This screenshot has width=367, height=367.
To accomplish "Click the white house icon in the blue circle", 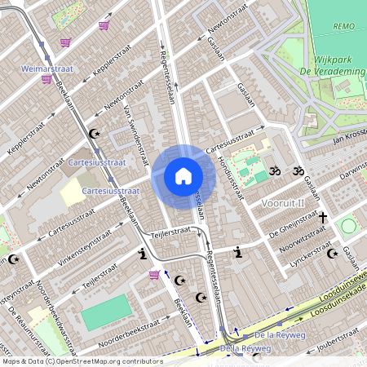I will (183, 176).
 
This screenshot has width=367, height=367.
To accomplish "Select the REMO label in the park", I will (343, 26).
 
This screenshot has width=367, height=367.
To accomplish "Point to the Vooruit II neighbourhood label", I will (283, 202).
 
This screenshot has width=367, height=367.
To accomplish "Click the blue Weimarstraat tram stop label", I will (47, 69).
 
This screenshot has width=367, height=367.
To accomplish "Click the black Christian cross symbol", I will (322, 218).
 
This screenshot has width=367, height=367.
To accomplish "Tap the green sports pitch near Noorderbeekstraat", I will (105, 312).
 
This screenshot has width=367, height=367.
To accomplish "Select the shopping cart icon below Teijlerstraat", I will (154, 275).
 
